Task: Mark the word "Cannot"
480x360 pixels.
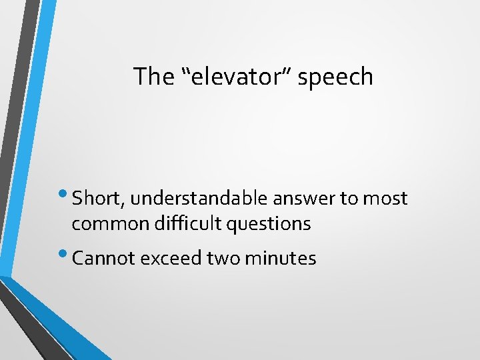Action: click(99, 258)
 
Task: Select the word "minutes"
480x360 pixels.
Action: click(281, 258)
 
